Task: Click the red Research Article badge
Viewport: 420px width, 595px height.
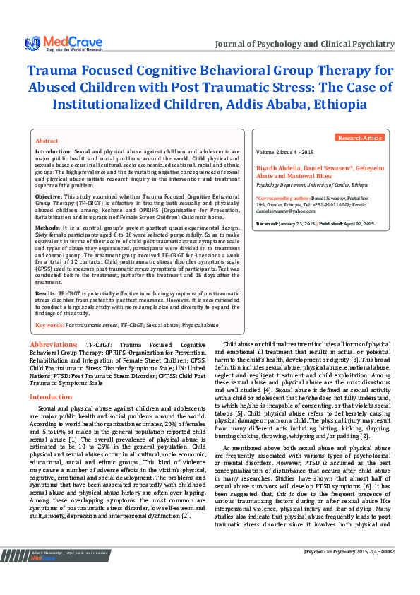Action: tap(360, 138)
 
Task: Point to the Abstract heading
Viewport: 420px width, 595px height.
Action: tap(47, 141)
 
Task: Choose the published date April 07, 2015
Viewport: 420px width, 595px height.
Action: tap(359, 223)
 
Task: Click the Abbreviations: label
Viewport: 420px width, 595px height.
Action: tap(54, 344)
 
